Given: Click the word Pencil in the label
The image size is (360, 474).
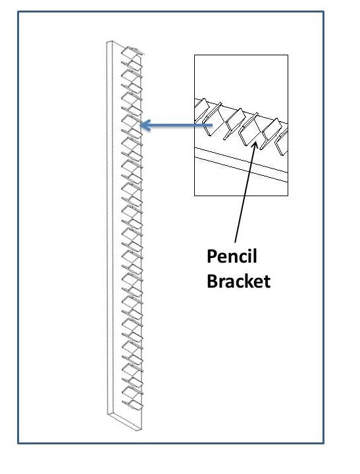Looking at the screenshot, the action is pyautogui.click(x=232, y=256).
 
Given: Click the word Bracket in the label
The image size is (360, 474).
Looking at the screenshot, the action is pyautogui.click(x=238, y=281).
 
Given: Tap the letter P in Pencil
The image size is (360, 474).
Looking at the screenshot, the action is pyautogui.click(x=212, y=256).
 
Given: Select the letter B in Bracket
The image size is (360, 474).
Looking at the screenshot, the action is pyautogui.click(x=212, y=281).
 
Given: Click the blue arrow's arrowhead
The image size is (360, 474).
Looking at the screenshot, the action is pyautogui.click(x=145, y=125).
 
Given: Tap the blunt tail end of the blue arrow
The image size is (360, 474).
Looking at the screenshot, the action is pyautogui.click(x=212, y=125).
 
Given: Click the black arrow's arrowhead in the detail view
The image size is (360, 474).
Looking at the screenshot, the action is pyautogui.click(x=255, y=144).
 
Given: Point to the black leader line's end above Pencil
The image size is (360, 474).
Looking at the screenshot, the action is pyautogui.click(x=235, y=242).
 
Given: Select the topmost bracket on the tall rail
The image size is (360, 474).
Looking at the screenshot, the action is pyautogui.click(x=132, y=52).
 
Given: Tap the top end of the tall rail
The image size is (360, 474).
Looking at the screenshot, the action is pyautogui.click(x=110, y=42).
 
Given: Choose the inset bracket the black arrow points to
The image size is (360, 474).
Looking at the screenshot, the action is pyautogui.click(x=249, y=129).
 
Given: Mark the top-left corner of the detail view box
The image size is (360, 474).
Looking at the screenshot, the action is pyautogui.click(x=194, y=55).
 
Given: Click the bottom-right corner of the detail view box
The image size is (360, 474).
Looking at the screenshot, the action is pyautogui.click(x=288, y=196).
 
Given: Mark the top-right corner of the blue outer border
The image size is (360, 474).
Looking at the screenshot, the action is pyautogui.click(x=323, y=12).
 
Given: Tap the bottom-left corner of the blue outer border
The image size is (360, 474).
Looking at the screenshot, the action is pyautogui.click(x=18, y=443).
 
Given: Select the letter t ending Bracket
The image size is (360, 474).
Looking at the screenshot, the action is pyautogui.click(x=267, y=282).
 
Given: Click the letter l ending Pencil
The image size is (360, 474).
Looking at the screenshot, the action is pyautogui.click(x=255, y=256).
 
